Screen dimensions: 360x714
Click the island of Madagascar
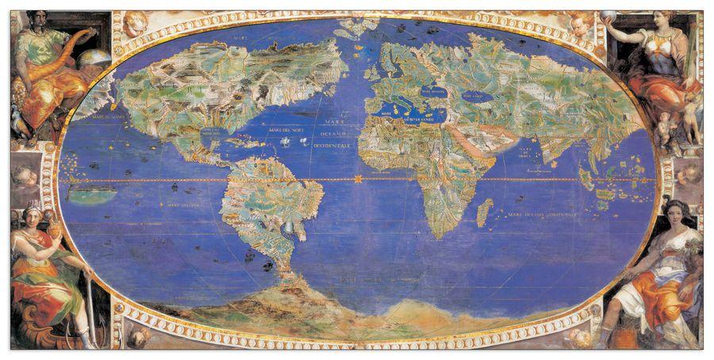coord(484,213)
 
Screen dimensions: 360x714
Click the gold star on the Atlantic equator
coord(358,180)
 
